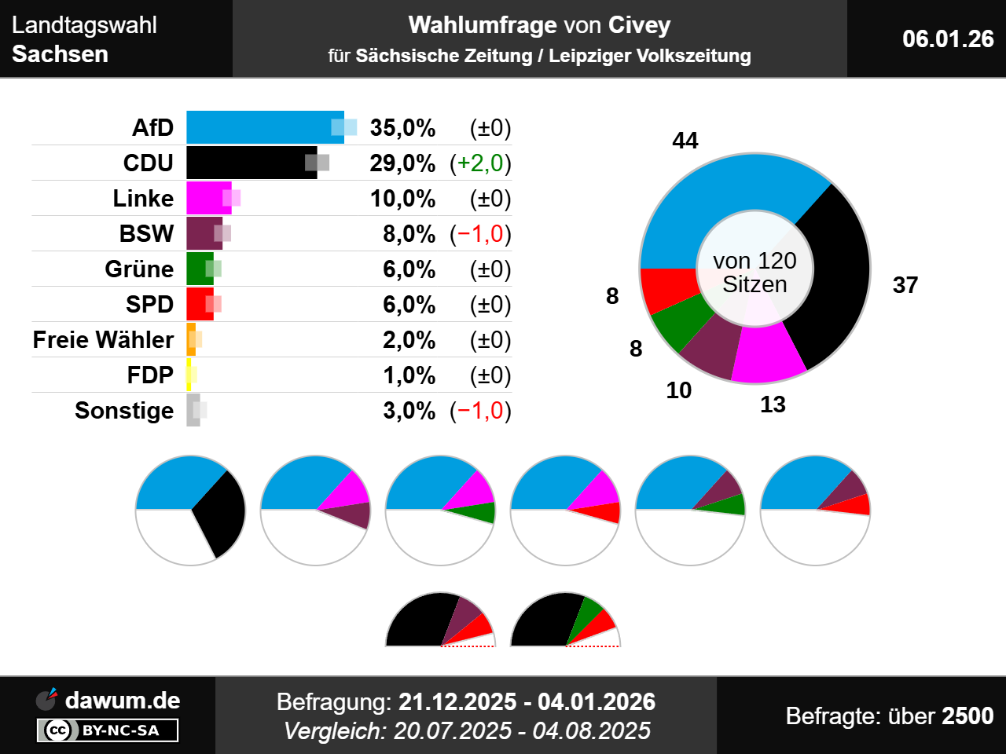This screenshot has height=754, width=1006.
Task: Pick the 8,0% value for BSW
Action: point(409,234)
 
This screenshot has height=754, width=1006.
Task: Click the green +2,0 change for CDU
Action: point(480,163)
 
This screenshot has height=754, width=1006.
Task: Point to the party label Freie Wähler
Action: point(103,340)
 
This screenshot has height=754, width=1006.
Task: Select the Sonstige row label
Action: point(124,411)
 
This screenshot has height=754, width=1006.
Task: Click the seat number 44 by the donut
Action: point(685,141)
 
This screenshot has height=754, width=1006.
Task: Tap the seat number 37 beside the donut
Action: point(905,285)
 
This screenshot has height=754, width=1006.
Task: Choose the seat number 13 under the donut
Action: point(773,404)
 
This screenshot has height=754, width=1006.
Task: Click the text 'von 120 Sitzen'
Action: point(754,272)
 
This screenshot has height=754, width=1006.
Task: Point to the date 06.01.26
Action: point(948,38)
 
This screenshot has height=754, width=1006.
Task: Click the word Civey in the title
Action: point(639,25)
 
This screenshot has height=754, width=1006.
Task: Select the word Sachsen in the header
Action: point(61,54)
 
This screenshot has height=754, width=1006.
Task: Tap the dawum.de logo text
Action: point(122,701)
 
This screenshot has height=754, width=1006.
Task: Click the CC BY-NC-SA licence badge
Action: point(108,730)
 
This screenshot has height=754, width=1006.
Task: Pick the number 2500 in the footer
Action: point(967,716)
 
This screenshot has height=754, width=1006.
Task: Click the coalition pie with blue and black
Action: point(190,510)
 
